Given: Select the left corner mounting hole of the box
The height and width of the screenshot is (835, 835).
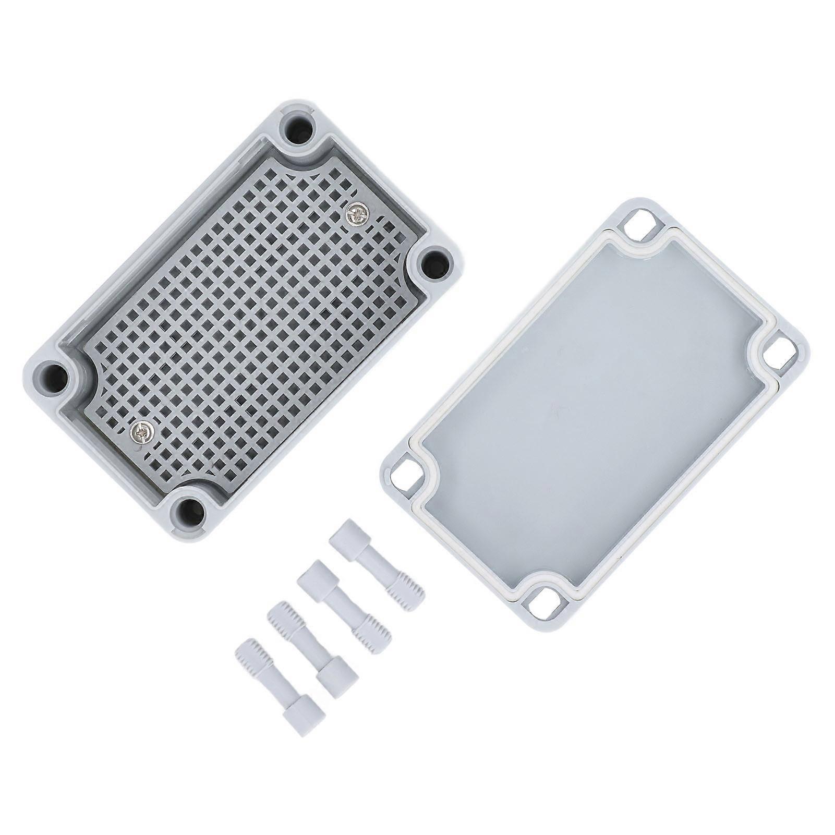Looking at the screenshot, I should point(53,374).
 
